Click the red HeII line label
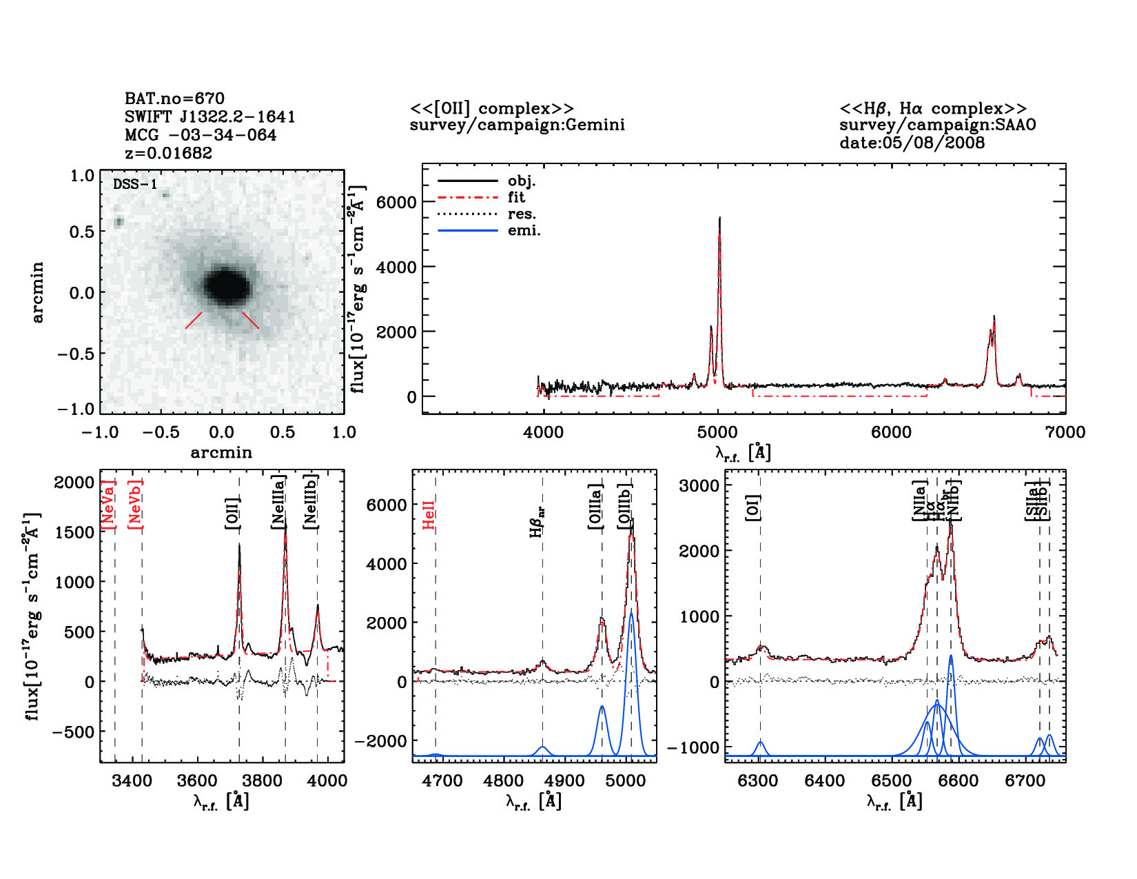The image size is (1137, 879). [x=429, y=514]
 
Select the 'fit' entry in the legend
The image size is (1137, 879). [x=516, y=197]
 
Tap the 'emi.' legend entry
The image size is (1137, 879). [x=524, y=230]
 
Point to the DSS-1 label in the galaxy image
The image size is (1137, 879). [x=135, y=184]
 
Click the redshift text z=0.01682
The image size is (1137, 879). [x=169, y=153]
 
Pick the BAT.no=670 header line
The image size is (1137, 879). [x=174, y=99]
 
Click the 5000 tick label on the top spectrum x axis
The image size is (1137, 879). [x=717, y=432]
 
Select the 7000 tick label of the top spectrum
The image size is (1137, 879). [x=1065, y=432]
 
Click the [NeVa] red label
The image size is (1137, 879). [x=108, y=505]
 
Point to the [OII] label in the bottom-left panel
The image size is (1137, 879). [x=232, y=513]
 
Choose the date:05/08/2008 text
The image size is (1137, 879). [x=912, y=143]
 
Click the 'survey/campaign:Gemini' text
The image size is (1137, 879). [x=517, y=125]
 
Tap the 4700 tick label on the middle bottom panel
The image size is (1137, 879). [x=442, y=780]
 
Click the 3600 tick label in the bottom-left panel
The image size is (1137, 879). [x=198, y=780]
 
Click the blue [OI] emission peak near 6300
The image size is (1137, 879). [x=760, y=743]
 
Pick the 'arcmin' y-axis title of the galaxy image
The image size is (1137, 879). [x=38, y=292]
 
